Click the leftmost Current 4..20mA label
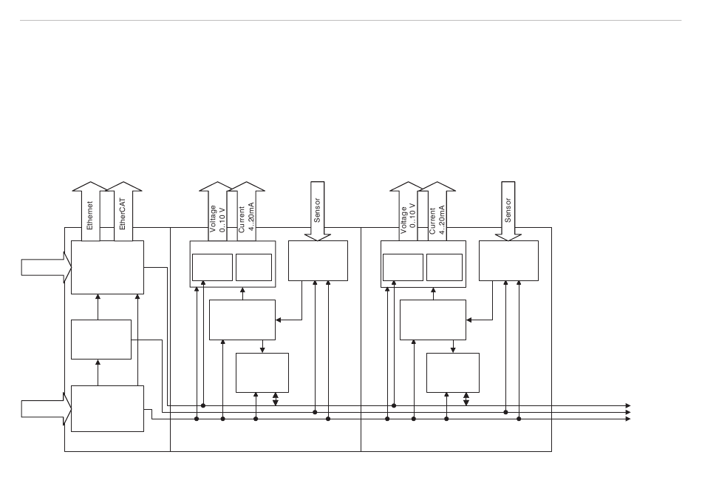click(x=245, y=220)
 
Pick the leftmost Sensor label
click(x=318, y=210)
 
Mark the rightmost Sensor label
click(x=508, y=210)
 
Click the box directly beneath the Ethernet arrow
click(x=107, y=267)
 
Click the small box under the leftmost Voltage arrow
click(x=212, y=267)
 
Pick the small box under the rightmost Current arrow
click(x=444, y=267)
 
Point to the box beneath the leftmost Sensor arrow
click(x=318, y=260)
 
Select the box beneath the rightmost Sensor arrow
click(x=508, y=260)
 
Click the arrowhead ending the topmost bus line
click(x=627, y=405)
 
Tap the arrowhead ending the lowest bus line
click(x=627, y=419)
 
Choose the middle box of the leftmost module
click(x=101, y=340)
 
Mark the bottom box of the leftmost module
click(x=107, y=408)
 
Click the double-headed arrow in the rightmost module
click(x=466, y=399)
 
